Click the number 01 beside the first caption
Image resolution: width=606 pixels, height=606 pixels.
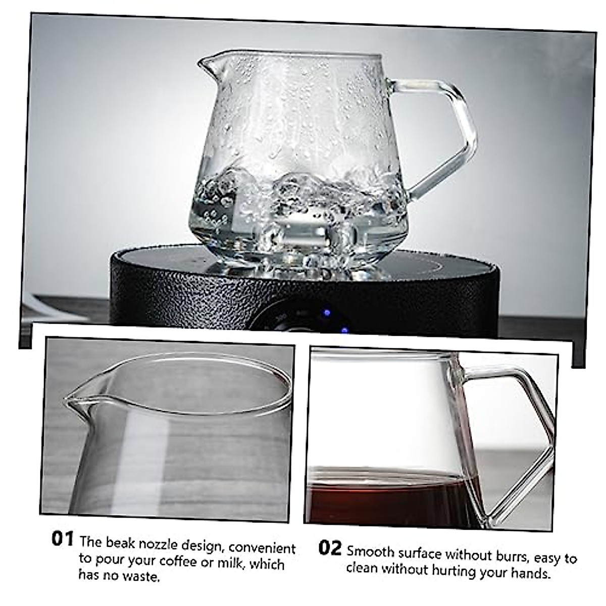coord(63,538)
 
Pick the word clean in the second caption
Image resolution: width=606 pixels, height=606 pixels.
coord(362,568)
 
